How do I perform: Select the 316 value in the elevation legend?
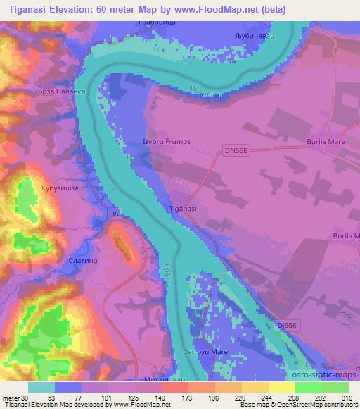point(346,397)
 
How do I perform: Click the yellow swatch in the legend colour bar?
point(281,387)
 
